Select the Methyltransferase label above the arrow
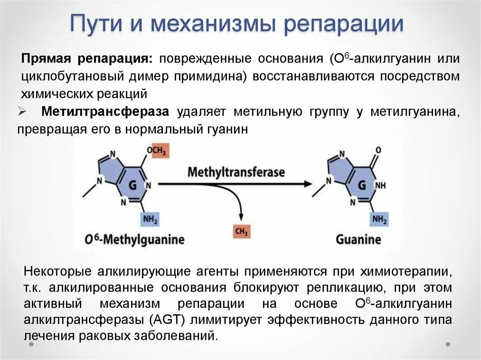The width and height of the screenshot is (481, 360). (236, 172)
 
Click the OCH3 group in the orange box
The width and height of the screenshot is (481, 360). (156, 151)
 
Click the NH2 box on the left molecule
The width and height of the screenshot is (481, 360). (150, 219)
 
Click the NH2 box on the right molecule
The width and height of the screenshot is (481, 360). (380, 219)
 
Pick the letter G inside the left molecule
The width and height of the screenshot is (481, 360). (132, 185)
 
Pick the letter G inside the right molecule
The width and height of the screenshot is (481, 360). (362, 185)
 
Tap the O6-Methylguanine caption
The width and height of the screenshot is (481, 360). (134, 240)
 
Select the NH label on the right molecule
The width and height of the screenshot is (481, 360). (380, 185)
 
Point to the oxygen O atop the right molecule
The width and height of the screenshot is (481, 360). (378, 150)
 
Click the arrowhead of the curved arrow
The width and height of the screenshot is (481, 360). (241, 217)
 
